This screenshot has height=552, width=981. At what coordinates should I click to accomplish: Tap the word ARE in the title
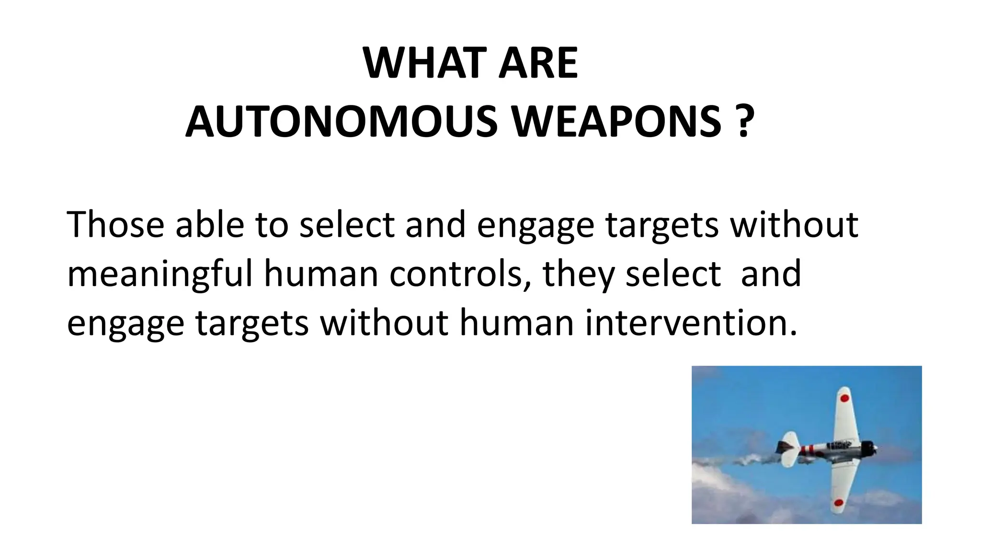[538, 63]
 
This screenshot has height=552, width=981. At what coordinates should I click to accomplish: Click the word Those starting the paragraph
[115, 224]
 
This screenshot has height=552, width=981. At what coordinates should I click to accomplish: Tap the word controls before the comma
[459, 274]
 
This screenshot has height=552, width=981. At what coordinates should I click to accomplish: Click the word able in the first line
[209, 224]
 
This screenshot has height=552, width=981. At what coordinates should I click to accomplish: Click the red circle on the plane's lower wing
[838, 503]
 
